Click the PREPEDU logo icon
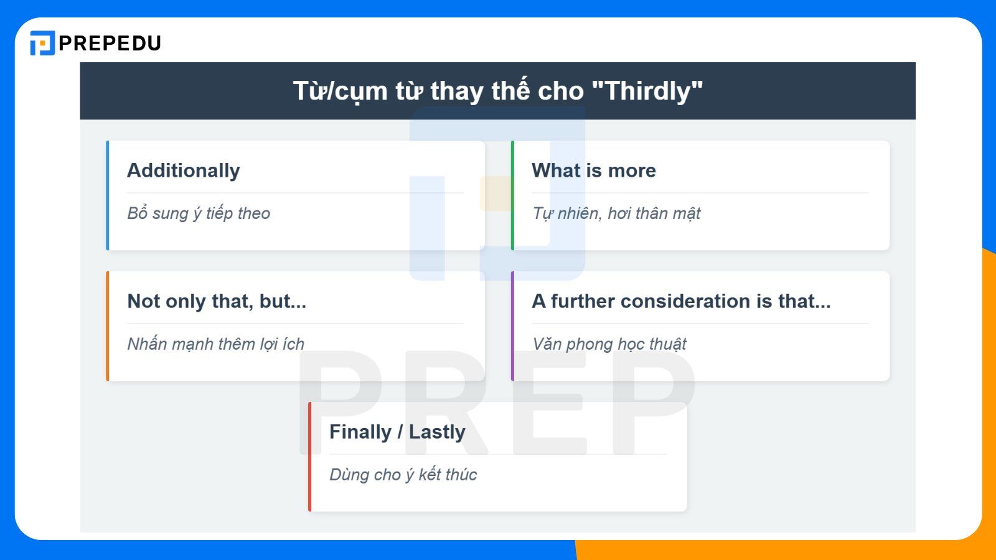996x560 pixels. pos(42,43)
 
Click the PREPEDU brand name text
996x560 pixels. pos(110,43)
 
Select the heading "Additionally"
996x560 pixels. pos(184,170)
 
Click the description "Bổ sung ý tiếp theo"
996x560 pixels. pos(199,213)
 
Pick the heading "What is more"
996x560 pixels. pos(594,170)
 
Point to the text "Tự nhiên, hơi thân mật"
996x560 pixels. pos(616,213)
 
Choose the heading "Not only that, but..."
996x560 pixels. pos(217,301)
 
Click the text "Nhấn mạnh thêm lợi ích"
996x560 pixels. pos(215,344)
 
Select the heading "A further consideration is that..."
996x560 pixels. pos(681,301)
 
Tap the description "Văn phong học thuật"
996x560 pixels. pos(609,344)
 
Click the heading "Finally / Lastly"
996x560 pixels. pos(397,432)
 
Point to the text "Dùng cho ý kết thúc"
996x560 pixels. pos(403,475)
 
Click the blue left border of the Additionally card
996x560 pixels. pos(108,195)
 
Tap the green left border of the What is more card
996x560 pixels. pos(512,195)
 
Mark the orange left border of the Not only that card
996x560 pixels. pos(108,326)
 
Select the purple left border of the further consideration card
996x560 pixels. pos(512,326)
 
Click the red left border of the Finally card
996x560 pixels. pos(310,457)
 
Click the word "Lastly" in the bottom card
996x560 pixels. pos(437,432)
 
